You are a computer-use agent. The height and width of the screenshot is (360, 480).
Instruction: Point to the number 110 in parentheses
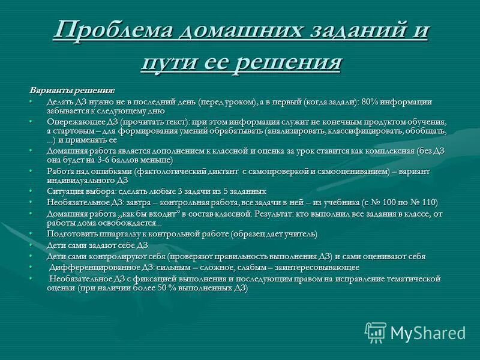(427, 202)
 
